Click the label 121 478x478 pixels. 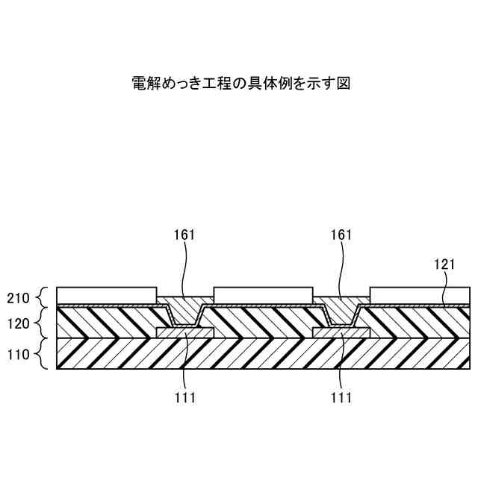tap(445, 264)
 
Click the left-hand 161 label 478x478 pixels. tap(184, 235)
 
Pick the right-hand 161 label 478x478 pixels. tap(341, 235)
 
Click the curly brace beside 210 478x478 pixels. tap(43, 297)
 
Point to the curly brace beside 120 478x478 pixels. tap(43, 323)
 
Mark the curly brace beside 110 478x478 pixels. tap(43, 353)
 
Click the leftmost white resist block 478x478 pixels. tap(107, 294)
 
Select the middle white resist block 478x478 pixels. tap(263, 294)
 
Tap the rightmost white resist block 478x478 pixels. tap(420, 294)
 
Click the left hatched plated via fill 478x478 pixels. tap(185, 310)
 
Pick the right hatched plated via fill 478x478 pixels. tap(341, 310)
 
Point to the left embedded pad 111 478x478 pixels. tap(185, 332)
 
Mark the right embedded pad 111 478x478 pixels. tap(341, 332)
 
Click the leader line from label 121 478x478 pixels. tap(446, 288)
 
